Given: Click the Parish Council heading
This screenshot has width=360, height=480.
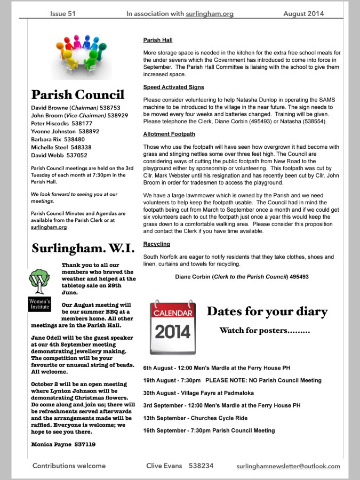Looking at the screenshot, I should [x=78, y=95].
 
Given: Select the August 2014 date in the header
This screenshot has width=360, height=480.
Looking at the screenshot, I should [x=303, y=14].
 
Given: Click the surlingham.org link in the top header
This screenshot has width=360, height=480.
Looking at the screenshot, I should [x=210, y=14].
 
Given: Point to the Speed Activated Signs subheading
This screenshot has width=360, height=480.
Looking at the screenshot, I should [x=173, y=87].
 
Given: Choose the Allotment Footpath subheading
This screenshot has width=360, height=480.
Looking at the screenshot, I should [x=169, y=134].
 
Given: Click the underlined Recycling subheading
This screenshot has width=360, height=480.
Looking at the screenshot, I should [x=157, y=244].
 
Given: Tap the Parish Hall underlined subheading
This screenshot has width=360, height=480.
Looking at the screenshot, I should [x=158, y=40].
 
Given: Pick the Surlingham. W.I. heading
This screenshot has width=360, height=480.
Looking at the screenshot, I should [x=85, y=249].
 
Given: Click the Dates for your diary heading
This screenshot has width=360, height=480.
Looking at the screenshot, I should [x=267, y=311].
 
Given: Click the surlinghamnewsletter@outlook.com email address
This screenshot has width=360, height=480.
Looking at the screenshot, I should [x=288, y=466].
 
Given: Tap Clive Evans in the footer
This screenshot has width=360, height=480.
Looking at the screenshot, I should [x=164, y=466].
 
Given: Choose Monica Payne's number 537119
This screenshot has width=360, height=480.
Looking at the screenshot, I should [x=85, y=444].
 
